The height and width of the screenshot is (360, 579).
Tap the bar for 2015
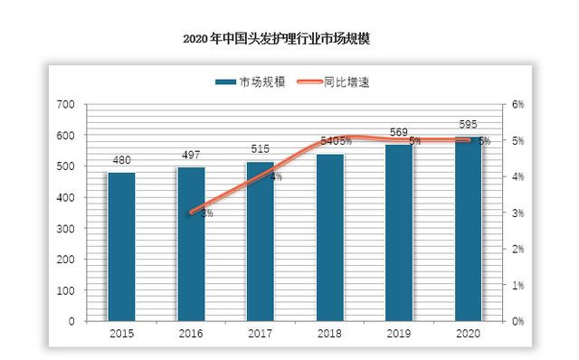[x=121, y=246]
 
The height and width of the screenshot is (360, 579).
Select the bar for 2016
[x=191, y=243]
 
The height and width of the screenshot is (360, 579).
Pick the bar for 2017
[x=261, y=241]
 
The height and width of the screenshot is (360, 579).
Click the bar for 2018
[x=329, y=237]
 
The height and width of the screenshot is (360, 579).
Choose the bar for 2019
[x=399, y=232]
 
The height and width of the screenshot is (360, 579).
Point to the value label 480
[x=121, y=161]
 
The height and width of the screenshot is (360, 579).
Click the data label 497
[x=191, y=156]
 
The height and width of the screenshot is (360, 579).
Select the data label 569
[x=399, y=133]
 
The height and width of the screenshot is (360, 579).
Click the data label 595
[x=468, y=125]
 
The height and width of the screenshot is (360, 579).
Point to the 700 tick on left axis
[x=65, y=105]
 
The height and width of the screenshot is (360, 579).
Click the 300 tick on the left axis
[x=65, y=228]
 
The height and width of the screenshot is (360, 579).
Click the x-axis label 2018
[x=329, y=334]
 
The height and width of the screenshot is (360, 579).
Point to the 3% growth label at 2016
[x=206, y=213]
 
